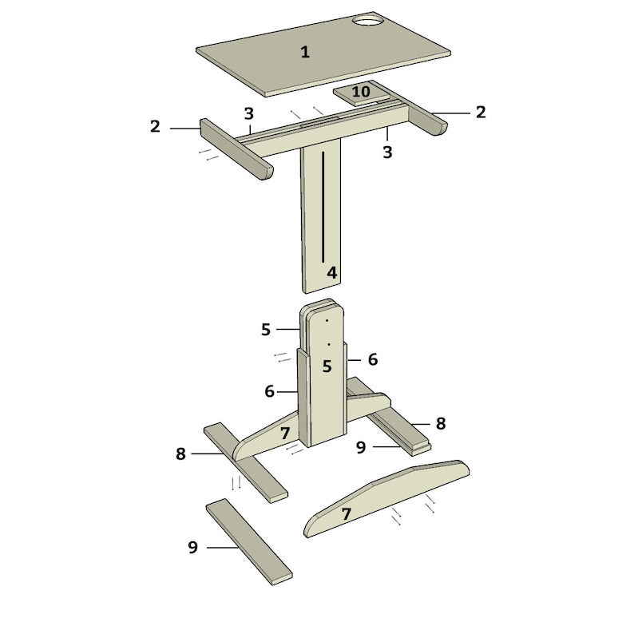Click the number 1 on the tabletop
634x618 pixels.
tap(304, 53)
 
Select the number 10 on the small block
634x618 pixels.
tap(361, 92)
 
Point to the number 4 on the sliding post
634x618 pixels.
tap(331, 272)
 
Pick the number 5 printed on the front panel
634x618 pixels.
tap(327, 366)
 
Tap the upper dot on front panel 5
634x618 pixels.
tap(327, 320)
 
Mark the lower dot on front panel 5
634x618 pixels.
tap(328, 344)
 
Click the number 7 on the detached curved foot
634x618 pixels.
tap(347, 515)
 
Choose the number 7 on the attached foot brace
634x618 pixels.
tap(285, 434)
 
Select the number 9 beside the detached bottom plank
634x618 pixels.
tap(192, 547)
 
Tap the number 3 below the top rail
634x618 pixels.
tap(387, 151)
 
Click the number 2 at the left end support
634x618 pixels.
tap(155, 126)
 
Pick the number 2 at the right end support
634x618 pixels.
tap(481, 113)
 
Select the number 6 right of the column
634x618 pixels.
tap(372, 359)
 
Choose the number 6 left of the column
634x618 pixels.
tap(269, 391)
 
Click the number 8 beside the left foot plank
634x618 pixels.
tap(181, 454)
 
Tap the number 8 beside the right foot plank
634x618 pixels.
tap(440, 423)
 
